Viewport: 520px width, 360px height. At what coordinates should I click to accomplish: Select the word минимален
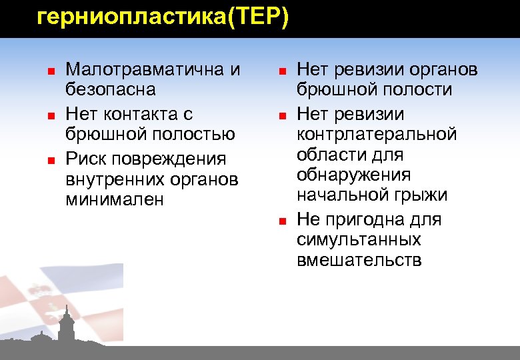pos(115,200)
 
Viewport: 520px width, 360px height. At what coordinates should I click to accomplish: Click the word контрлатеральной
pos(377,135)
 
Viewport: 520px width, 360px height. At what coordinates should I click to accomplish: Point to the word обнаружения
pos(353,175)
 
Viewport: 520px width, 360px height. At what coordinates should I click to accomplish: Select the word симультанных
pos(359,240)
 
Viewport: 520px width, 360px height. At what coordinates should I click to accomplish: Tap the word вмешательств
pos(359,260)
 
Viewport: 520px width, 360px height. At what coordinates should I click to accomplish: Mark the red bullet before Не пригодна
pos(282,221)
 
